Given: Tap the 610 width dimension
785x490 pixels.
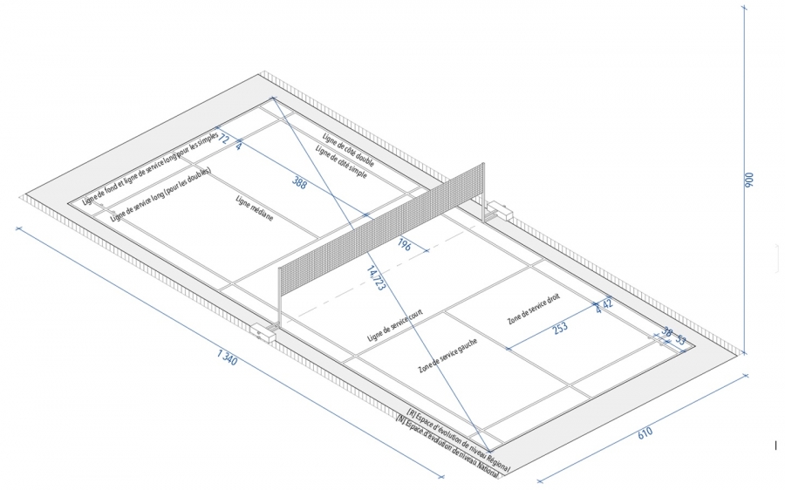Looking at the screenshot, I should pyautogui.click(x=644, y=432).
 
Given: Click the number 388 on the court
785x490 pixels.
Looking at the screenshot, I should pyautogui.click(x=299, y=183).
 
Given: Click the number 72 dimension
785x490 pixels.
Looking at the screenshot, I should pyautogui.click(x=223, y=139).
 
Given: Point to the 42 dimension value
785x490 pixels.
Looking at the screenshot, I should pyautogui.click(x=608, y=303).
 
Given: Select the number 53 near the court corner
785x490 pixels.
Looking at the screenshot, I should pyautogui.click(x=681, y=339).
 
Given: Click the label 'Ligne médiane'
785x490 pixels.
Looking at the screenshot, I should pyautogui.click(x=255, y=209).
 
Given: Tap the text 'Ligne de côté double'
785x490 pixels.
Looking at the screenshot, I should pyautogui.click(x=350, y=150).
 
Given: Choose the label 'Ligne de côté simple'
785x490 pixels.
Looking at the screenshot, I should pyautogui.click(x=342, y=163).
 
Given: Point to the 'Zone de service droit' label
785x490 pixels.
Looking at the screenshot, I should pyautogui.click(x=535, y=309).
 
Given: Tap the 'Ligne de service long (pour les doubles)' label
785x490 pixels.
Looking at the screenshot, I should pyautogui.click(x=161, y=194).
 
